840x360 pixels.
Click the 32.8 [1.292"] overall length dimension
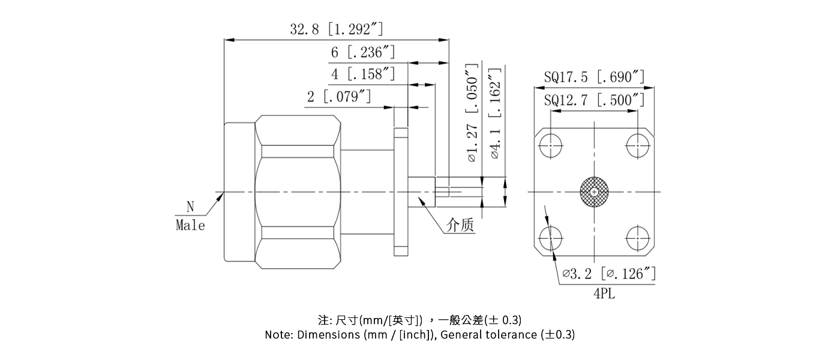pyautogui.click(x=336, y=29)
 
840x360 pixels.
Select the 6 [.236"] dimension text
pyautogui.click(x=363, y=52)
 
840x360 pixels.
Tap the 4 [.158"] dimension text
pyautogui.click(x=363, y=75)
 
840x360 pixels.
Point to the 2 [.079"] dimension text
pyautogui.click(x=338, y=97)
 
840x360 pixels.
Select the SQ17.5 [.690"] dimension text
pyautogui.click(x=594, y=77)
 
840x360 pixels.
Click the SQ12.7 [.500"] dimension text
pyautogui.click(x=594, y=100)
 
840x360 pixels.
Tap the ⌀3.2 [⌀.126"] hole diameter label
pyautogui.click(x=609, y=274)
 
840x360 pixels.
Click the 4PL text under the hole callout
pyautogui.click(x=604, y=294)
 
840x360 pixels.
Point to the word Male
pyautogui.click(x=190, y=226)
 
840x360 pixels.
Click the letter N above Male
pyautogui.click(x=190, y=207)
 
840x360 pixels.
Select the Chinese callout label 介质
pyautogui.click(x=460, y=226)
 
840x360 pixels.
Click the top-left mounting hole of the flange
pyautogui.click(x=550, y=146)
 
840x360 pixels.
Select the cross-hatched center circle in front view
pyautogui.click(x=594, y=192)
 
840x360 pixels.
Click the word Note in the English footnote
pyautogui.click(x=278, y=335)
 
